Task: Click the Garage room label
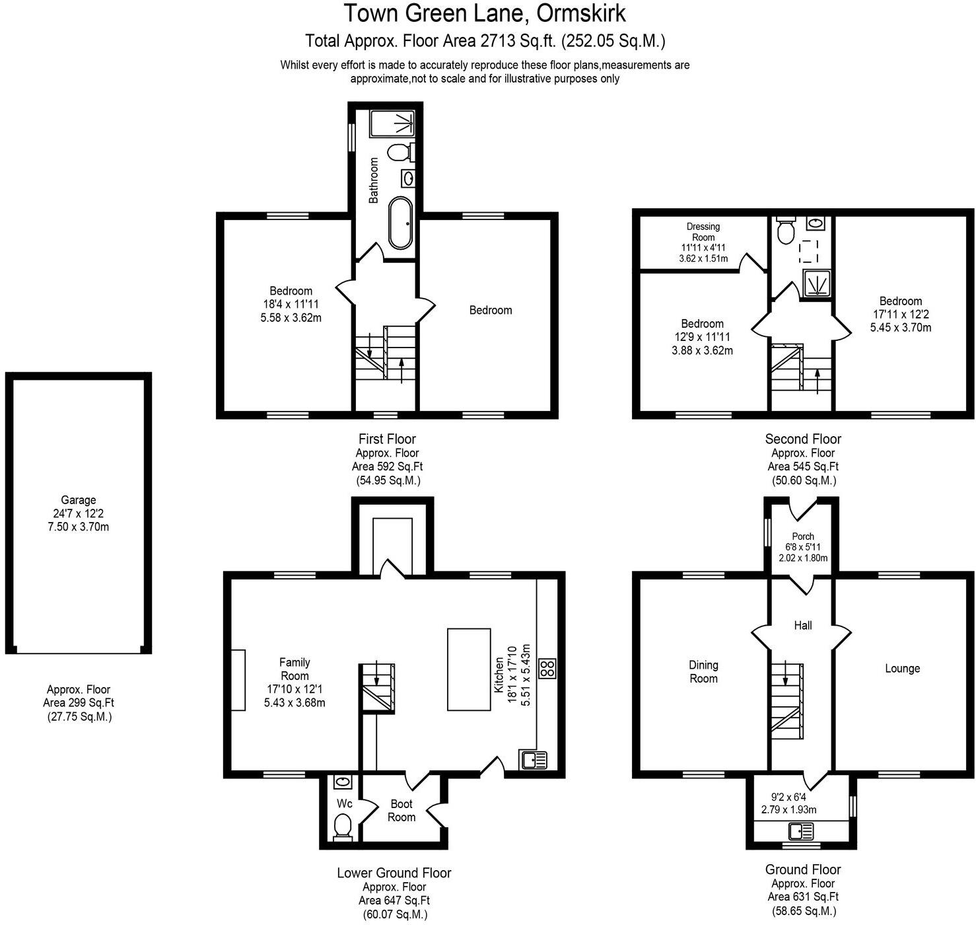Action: pyautogui.click(x=78, y=500)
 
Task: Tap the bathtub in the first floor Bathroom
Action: pyautogui.click(x=401, y=222)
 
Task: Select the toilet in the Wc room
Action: pyautogui.click(x=343, y=827)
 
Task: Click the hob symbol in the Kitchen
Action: pyautogui.click(x=548, y=668)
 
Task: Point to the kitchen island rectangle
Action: pyautogui.click(x=469, y=669)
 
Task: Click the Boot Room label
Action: pyautogui.click(x=401, y=811)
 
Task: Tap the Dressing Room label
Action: pyautogui.click(x=703, y=232)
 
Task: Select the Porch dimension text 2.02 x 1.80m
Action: pyautogui.click(x=803, y=558)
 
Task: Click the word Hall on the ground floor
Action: pyautogui.click(x=803, y=625)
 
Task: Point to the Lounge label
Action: pyautogui.click(x=902, y=669)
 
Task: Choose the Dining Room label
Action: pyautogui.click(x=703, y=672)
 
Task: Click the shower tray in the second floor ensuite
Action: pyautogui.click(x=818, y=283)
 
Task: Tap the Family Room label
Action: pyautogui.click(x=295, y=669)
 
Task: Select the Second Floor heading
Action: pyautogui.click(x=803, y=439)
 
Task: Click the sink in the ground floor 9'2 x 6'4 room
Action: pyautogui.click(x=802, y=831)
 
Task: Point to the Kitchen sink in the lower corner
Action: pyautogui.click(x=534, y=760)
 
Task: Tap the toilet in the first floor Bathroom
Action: pyautogui.click(x=398, y=153)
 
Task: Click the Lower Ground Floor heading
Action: pyautogui.click(x=394, y=873)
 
